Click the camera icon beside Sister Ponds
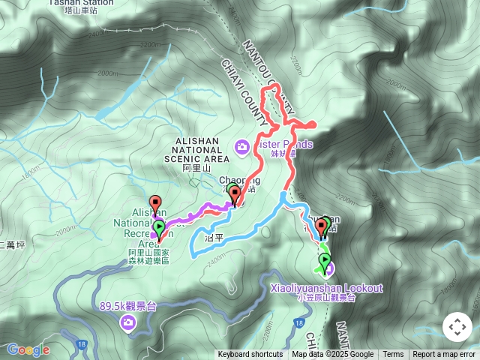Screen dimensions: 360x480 (241, 145)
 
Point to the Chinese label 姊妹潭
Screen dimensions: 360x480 (286, 153)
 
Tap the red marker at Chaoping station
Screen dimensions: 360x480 (235, 196)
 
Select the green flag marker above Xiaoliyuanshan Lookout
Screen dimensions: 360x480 (325, 262)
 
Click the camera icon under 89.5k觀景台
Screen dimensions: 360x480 (128, 322)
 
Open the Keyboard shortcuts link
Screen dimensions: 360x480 (250, 355)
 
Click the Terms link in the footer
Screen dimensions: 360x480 (393, 355)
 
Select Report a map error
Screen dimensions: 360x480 (444, 355)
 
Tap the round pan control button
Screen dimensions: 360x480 (457, 327)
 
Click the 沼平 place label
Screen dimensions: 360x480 (214, 237)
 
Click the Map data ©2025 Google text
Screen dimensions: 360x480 (332, 355)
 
